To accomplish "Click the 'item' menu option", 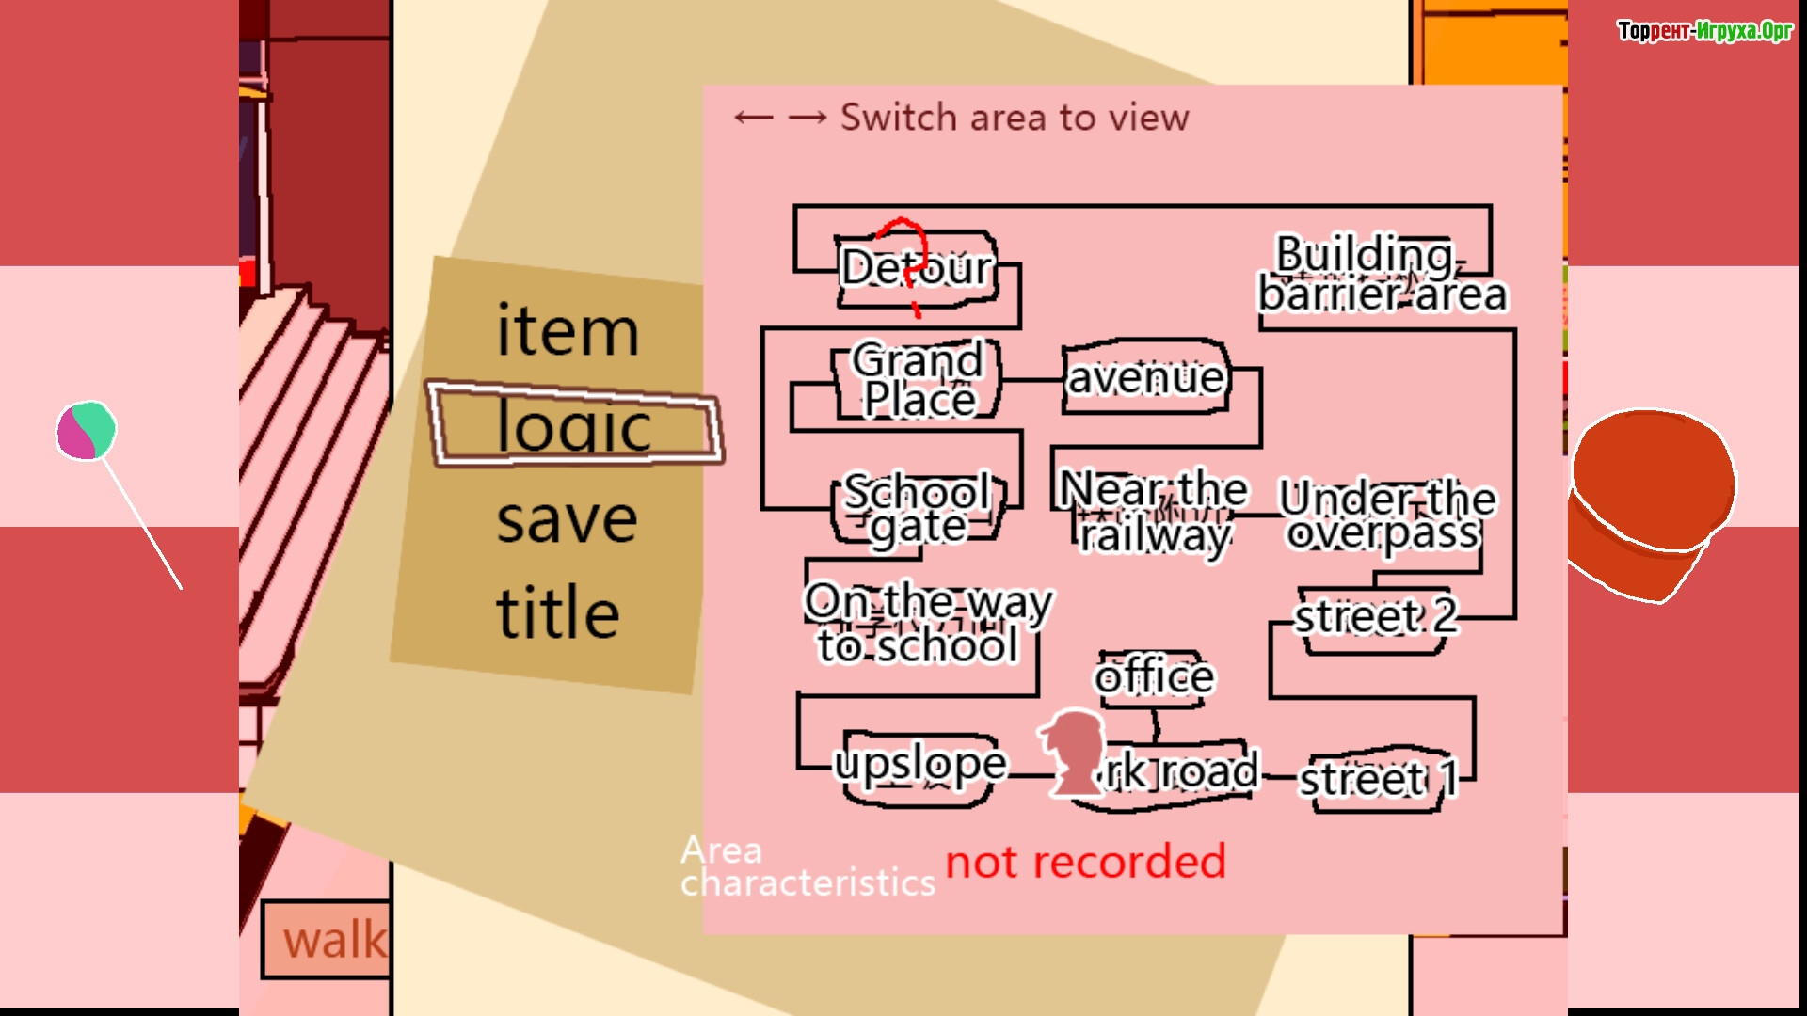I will (x=568, y=331).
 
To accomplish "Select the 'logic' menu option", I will (x=573, y=425).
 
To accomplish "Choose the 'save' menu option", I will (x=567, y=519).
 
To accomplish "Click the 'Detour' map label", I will (x=916, y=268).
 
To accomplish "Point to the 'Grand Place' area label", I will (x=918, y=379).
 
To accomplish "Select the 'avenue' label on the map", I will (x=1145, y=377).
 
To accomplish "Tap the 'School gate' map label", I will (x=918, y=509).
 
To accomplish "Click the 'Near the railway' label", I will (x=1154, y=512).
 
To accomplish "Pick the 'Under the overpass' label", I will (x=1385, y=514).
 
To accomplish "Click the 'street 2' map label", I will (x=1375, y=618).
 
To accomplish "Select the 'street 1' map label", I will (x=1378, y=779).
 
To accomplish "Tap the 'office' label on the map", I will (x=1154, y=676).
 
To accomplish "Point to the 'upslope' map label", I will (x=920, y=764).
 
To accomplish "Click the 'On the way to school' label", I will (x=927, y=623).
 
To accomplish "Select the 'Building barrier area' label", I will (x=1382, y=274).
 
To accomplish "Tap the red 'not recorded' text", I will (x=1085, y=862).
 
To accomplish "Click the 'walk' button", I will (x=333, y=940).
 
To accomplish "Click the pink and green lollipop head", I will (x=86, y=431).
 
